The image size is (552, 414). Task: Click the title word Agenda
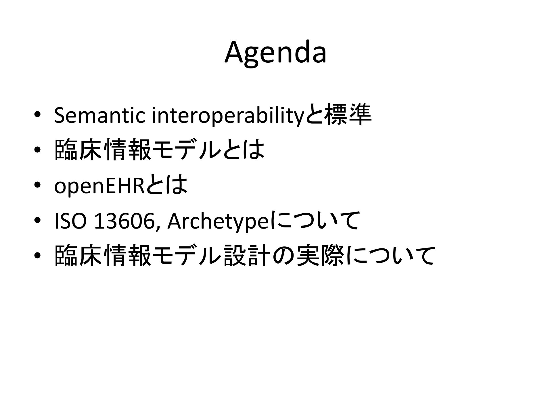[x=275, y=53]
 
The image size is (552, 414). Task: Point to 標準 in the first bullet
[x=348, y=115]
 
